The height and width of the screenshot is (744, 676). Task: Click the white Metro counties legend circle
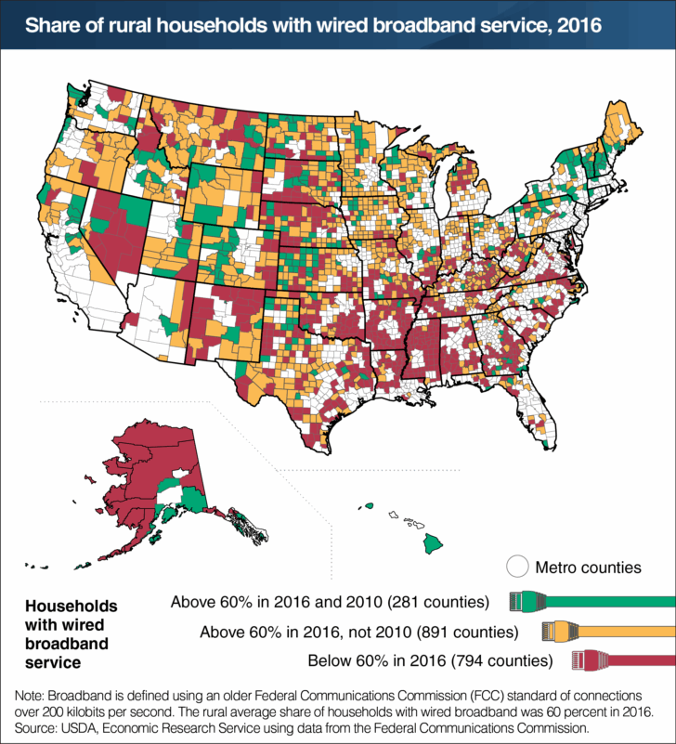pos(517,567)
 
